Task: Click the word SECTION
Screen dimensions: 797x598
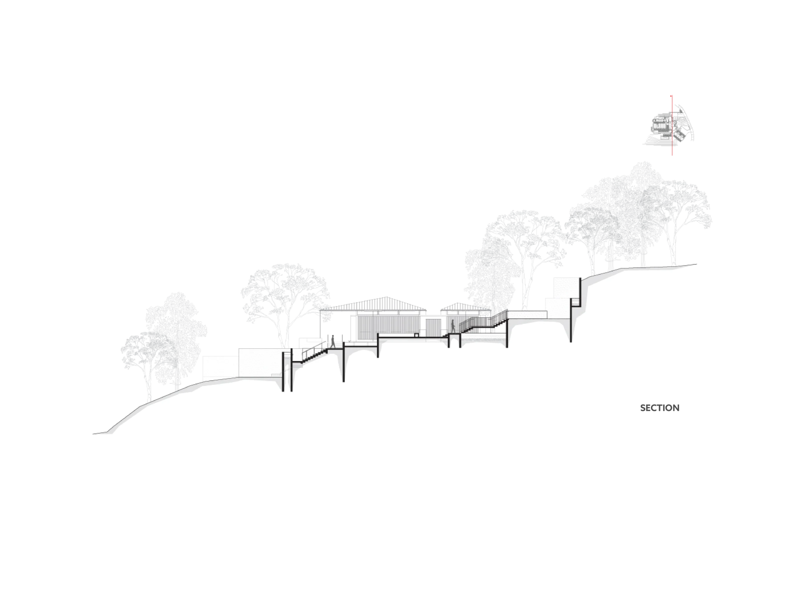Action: tap(660, 408)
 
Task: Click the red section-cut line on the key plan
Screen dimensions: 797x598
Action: tap(672, 126)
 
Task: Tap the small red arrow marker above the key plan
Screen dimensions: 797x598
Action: tap(671, 96)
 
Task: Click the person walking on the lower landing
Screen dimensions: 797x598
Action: tap(332, 341)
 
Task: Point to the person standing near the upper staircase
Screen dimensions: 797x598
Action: tap(453, 327)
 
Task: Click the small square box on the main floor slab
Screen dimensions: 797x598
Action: tap(416, 335)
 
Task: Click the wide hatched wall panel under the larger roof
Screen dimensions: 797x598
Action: tap(389, 328)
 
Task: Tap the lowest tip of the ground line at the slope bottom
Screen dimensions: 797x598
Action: tap(93, 434)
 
